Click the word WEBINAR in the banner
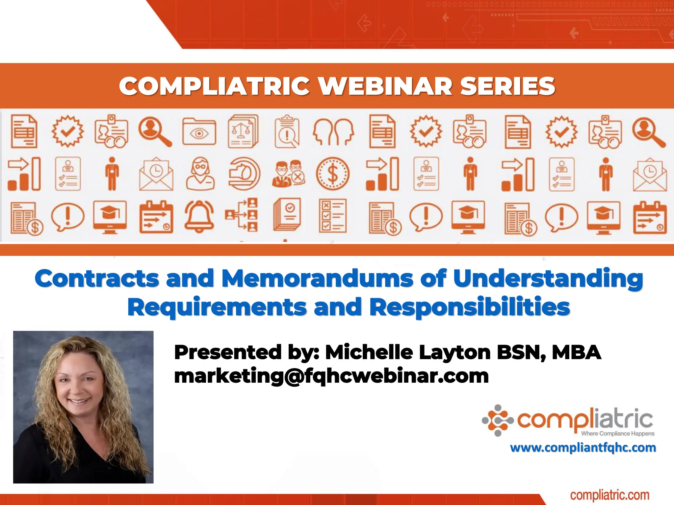(x=385, y=86)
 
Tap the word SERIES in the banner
(x=507, y=86)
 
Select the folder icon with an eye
(x=199, y=132)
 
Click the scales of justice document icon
(x=243, y=131)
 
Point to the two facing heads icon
(x=333, y=132)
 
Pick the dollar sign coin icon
(x=333, y=174)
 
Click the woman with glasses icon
(x=200, y=174)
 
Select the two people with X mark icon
(x=288, y=174)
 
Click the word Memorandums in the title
(x=317, y=279)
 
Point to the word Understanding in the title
(x=548, y=279)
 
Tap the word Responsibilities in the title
(x=470, y=307)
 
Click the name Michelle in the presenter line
(x=369, y=352)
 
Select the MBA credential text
(x=576, y=352)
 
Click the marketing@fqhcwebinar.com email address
(x=331, y=376)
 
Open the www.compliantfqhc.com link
(x=583, y=448)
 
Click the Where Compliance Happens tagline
(x=618, y=434)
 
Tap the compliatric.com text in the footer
(x=609, y=495)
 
